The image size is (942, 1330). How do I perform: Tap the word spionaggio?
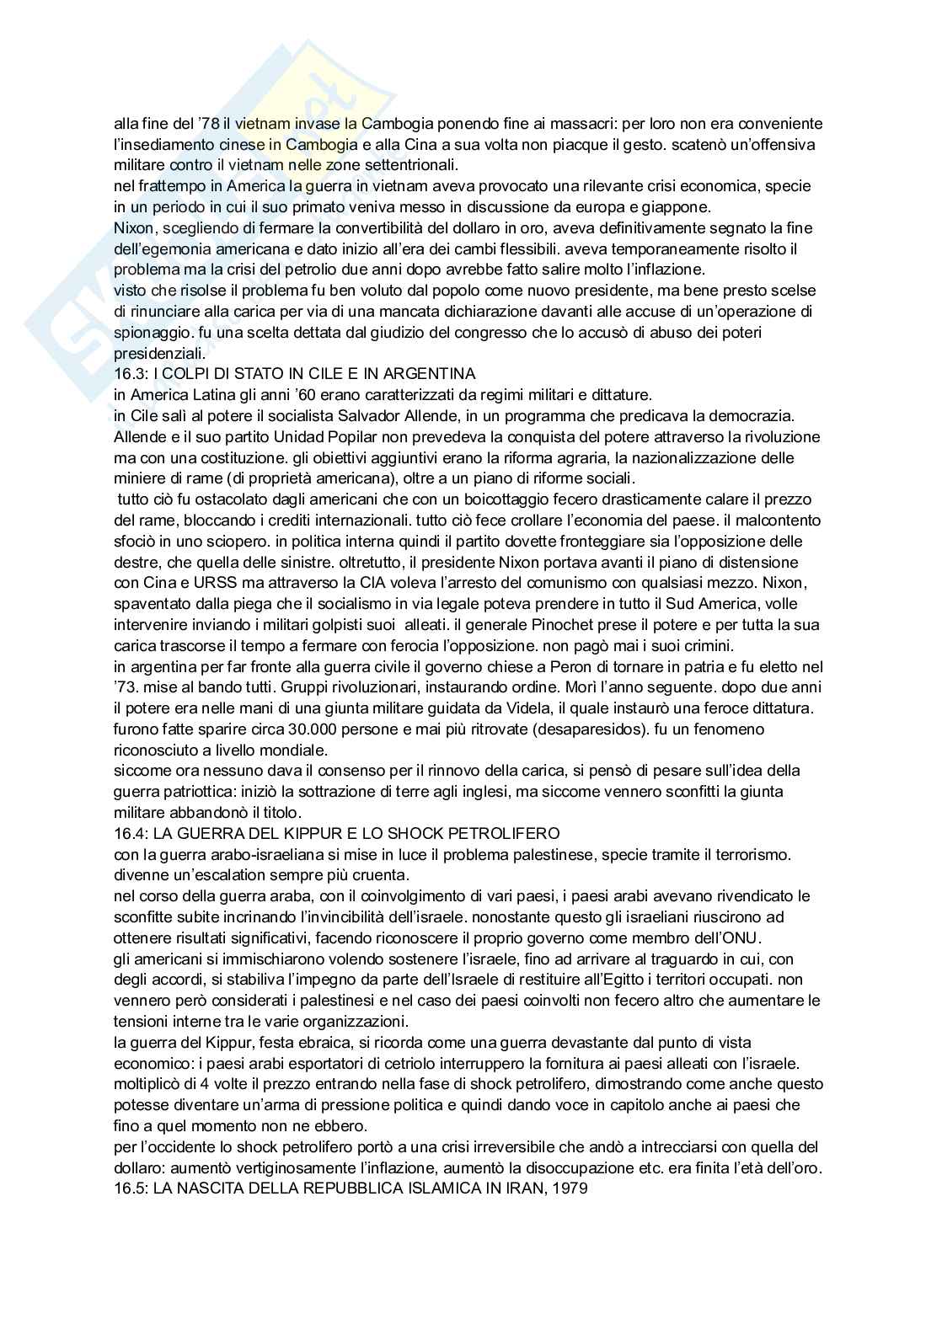tap(148, 333)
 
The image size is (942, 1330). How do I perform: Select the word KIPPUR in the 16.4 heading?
tap(330, 833)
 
